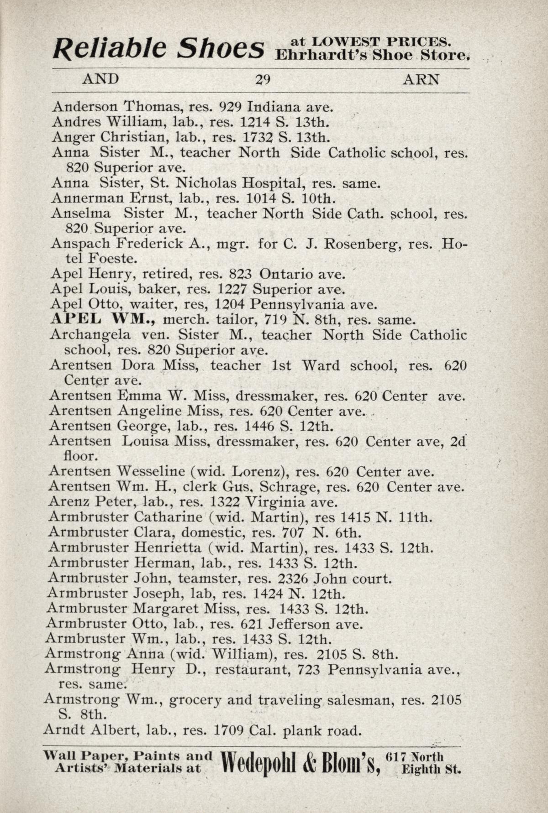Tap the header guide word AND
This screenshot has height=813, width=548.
100,79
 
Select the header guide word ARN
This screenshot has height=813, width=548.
421,79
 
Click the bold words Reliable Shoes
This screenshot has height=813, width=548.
158,49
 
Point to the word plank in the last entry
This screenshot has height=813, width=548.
302,731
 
